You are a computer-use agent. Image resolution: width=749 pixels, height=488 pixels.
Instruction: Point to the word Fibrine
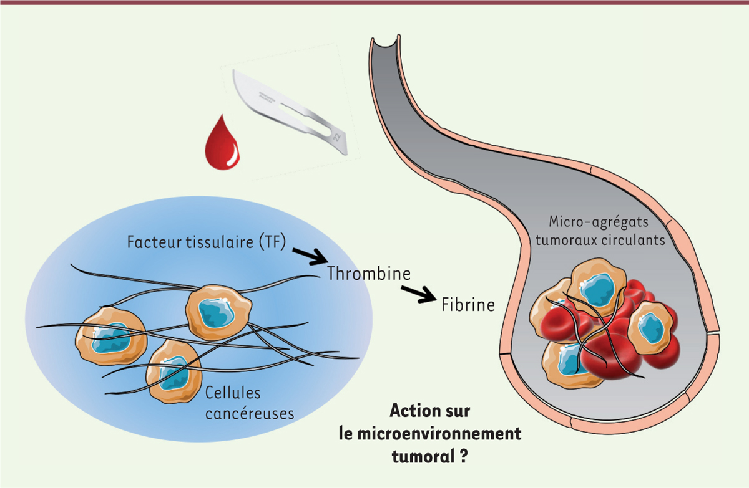pos(468,305)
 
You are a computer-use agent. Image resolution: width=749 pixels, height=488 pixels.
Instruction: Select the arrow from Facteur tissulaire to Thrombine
pos(310,255)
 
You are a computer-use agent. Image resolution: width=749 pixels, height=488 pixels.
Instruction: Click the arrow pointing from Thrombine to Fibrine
pos(418,293)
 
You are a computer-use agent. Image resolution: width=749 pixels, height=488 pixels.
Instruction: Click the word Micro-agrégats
pos(590,221)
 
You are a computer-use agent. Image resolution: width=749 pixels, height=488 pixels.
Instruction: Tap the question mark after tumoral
pos(464,456)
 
